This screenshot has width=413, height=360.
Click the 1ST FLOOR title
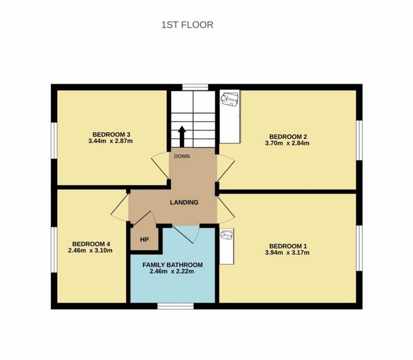[x=187, y=25]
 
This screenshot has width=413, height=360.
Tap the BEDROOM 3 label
[x=111, y=135]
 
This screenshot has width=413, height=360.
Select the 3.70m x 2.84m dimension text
[x=287, y=143]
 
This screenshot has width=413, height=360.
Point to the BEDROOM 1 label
[x=288, y=246]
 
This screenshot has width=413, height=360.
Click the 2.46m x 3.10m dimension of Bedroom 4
[x=90, y=250]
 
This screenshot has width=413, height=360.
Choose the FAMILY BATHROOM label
[x=172, y=265]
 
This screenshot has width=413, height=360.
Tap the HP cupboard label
[x=145, y=240]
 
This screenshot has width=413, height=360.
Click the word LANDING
[x=184, y=202]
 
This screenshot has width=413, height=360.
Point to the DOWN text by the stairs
[x=182, y=156]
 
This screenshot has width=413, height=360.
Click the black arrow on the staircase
[x=182, y=136]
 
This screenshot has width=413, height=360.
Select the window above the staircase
[x=195, y=87]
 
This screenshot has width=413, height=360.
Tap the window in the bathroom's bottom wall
[x=175, y=306]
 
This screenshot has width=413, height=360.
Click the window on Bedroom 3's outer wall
[x=54, y=140]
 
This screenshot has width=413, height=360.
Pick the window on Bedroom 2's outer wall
[x=359, y=140]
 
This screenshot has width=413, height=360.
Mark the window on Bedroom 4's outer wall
[x=54, y=250]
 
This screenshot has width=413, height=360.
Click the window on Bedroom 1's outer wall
[x=359, y=248]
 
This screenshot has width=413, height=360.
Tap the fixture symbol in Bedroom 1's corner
[x=227, y=234]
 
